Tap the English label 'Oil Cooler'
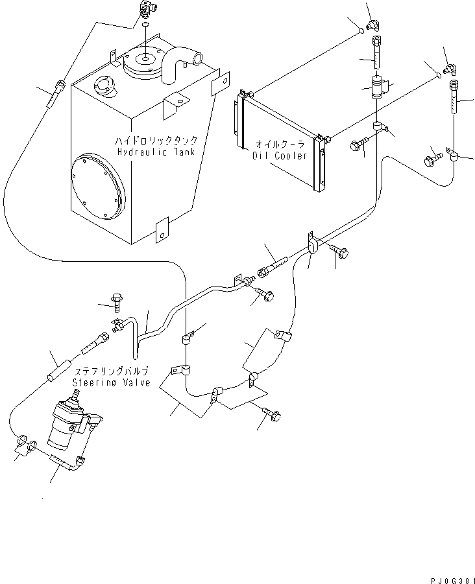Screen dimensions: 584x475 click(277, 156)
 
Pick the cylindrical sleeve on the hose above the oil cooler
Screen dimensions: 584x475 click(378, 86)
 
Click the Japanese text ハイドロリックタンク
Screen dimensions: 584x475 click(156, 140)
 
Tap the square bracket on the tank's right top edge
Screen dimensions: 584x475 click(221, 83)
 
